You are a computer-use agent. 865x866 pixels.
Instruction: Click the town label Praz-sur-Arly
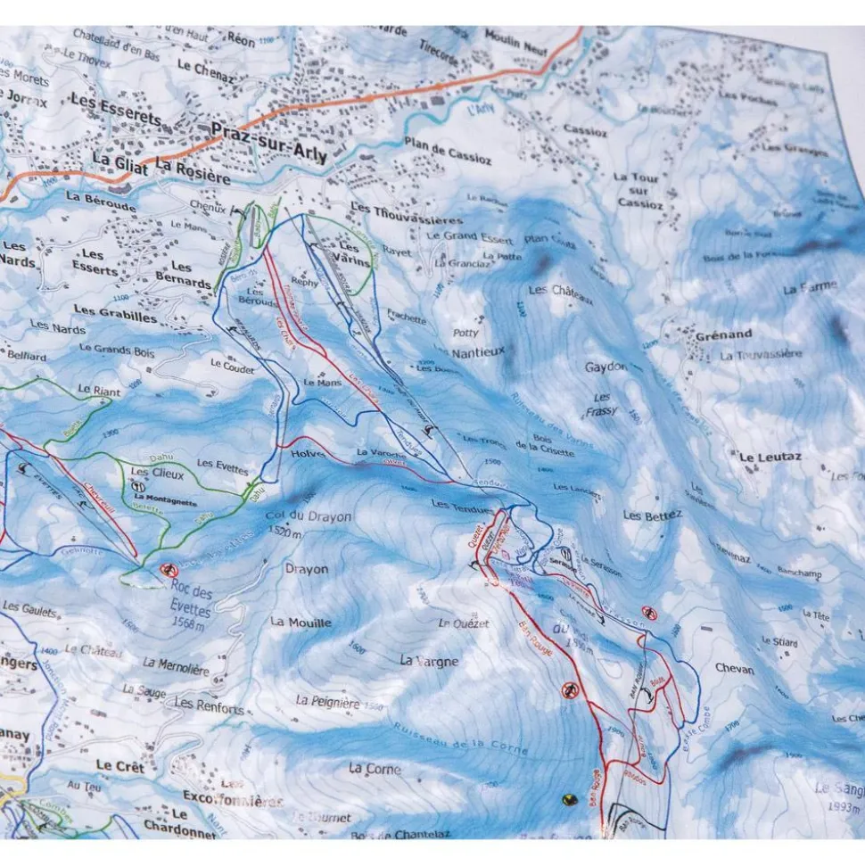click(269, 144)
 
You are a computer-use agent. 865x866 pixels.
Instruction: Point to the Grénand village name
click(723, 334)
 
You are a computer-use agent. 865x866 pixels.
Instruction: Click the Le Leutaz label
click(770, 458)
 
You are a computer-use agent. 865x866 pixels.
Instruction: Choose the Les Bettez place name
click(653, 515)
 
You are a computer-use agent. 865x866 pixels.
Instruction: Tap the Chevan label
click(734, 669)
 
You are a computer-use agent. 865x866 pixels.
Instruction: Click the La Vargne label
click(429, 661)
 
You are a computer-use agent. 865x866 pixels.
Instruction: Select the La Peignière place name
click(328, 702)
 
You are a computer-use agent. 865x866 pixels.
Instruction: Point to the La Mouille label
click(301, 623)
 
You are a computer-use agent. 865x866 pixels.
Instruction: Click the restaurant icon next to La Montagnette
click(138, 487)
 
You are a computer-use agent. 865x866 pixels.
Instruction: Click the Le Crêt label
click(118, 765)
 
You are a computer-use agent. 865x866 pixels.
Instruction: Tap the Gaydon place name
click(605, 367)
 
